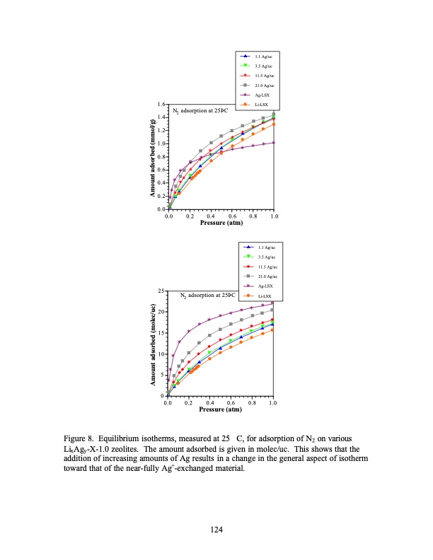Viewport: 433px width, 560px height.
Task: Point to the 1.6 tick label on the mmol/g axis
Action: tap(162, 105)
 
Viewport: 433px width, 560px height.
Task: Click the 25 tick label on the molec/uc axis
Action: tap(162, 291)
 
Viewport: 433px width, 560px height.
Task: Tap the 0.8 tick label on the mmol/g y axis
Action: tap(162, 157)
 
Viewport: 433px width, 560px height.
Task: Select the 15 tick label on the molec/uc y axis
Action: tap(162, 332)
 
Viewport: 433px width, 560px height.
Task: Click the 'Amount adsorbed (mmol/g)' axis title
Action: tap(153, 158)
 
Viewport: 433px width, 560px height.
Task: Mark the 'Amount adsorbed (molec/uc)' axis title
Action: tap(153, 344)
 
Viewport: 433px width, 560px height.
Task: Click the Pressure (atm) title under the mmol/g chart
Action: tap(221, 223)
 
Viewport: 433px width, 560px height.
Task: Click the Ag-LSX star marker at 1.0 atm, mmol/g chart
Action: tap(274, 142)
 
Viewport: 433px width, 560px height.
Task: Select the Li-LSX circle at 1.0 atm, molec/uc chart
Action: tap(273, 329)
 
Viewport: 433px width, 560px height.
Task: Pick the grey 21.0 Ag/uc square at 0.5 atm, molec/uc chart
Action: tap(221, 329)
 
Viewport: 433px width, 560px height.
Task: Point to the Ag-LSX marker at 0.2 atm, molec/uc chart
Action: tap(189, 331)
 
